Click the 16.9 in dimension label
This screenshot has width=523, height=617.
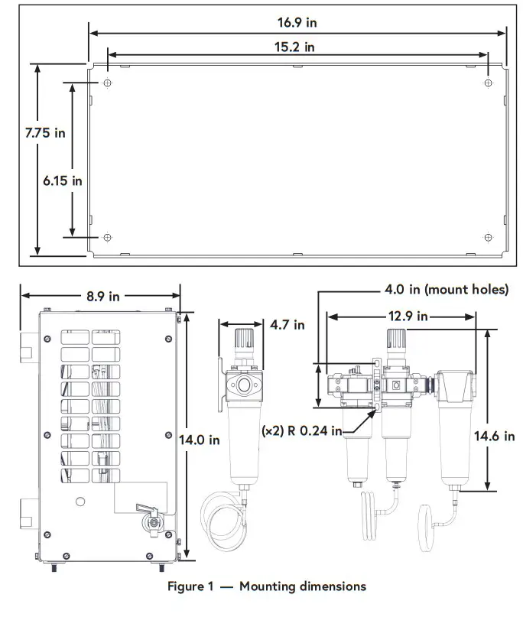pos(297,22)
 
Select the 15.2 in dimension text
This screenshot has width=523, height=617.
pos(294,47)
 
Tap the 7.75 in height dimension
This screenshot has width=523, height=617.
pos(44,132)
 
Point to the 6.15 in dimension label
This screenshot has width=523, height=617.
pos(62,180)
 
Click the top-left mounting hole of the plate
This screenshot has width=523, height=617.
pos(107,83)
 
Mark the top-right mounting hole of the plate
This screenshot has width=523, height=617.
pos(487,83)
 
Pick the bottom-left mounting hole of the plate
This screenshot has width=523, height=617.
pos(107,237)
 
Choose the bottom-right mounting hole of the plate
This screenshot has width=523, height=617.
pos(487,237)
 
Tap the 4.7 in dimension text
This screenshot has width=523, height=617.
pos(287,324)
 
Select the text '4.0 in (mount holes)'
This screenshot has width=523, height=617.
pos(446,290)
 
